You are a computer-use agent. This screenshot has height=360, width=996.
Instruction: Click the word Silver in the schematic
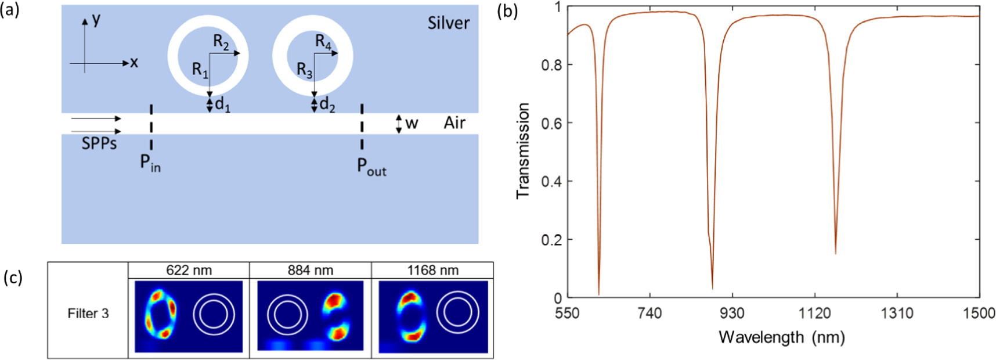[448, 23]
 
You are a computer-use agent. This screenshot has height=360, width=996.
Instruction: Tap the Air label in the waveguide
[454, 123]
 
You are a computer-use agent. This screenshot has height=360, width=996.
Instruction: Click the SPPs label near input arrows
[99, 143]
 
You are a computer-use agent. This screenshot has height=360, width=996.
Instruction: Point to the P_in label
[150, 163]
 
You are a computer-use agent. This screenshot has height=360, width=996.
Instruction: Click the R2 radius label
[221, 42]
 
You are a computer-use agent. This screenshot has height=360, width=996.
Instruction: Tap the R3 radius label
[304, 70]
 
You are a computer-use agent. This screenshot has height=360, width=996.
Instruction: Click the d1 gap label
[222, 105]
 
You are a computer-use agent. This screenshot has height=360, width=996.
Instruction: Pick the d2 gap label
[327, 105]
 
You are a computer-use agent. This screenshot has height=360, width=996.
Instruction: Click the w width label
[412, 123]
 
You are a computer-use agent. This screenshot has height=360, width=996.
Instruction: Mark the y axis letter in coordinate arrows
[96, 19]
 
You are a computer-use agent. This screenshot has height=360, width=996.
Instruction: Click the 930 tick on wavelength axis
[732, 314]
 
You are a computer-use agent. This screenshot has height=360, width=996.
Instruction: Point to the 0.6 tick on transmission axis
[551, 123]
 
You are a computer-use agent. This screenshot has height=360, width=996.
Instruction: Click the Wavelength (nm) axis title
[781, 337]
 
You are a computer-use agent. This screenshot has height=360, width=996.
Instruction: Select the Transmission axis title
[523, 151]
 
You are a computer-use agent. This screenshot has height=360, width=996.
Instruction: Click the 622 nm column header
[189, 271]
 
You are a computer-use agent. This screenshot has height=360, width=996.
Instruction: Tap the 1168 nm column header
[432, 271]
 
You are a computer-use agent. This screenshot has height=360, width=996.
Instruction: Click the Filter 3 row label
[88, 314]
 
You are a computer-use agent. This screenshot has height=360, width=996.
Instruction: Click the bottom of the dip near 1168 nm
[835, 253]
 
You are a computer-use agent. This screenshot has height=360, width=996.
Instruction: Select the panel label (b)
[507, 11]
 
